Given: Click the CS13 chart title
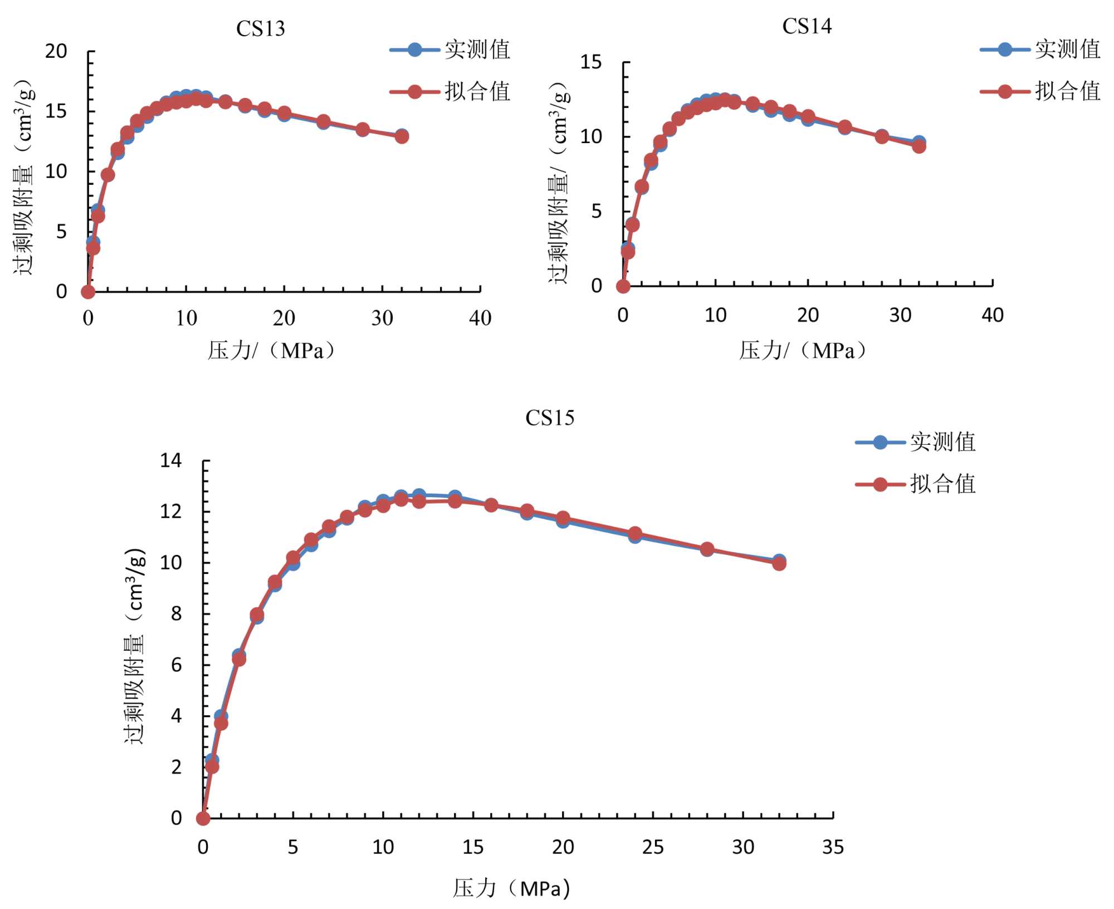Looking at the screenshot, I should tap(260, 28).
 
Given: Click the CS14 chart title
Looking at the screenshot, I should tap(807, 26).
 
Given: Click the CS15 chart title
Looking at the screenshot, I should tap(549, 417).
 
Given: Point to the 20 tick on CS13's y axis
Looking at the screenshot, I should tap(56, 51).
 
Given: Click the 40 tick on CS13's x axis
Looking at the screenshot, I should tap(480, 318).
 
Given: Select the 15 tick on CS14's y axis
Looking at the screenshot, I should tap(591, 62).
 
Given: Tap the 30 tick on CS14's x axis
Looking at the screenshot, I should tap(900, 316).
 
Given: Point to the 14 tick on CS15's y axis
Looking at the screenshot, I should tap(171, 460).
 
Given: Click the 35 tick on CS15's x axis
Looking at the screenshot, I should tap(833, 847).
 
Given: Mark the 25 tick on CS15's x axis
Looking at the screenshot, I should tap(653, 847).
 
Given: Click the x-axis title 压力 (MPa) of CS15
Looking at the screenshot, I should tap(511, 888).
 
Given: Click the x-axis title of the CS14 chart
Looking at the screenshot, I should tap(802, 351).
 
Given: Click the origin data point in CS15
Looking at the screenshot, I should tap(203, 818).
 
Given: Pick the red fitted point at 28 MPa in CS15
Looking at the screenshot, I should tap(707, 549).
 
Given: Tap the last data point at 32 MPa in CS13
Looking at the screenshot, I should tap(402, 136).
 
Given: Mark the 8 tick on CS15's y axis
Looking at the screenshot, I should tap(177, 613).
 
